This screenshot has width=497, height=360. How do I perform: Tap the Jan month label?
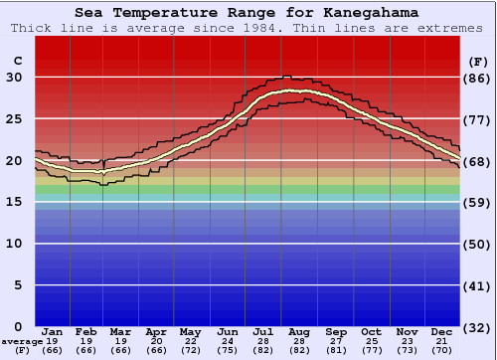click(x=53, y=331)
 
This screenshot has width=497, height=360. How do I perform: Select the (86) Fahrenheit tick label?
click(x=478, y=78)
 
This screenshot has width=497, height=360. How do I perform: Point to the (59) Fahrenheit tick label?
click(x=478, y=202)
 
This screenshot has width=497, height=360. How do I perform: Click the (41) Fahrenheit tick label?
click(x=478, y=285)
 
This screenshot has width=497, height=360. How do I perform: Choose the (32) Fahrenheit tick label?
click(x=478, y=327)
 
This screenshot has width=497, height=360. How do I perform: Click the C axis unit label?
click(x=17, y=61)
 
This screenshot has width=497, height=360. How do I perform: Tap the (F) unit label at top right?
click(x=477, y=61)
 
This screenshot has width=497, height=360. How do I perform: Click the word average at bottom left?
click(x=22, y=341)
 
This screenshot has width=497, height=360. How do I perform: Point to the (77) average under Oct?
click(x=372, y=350)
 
